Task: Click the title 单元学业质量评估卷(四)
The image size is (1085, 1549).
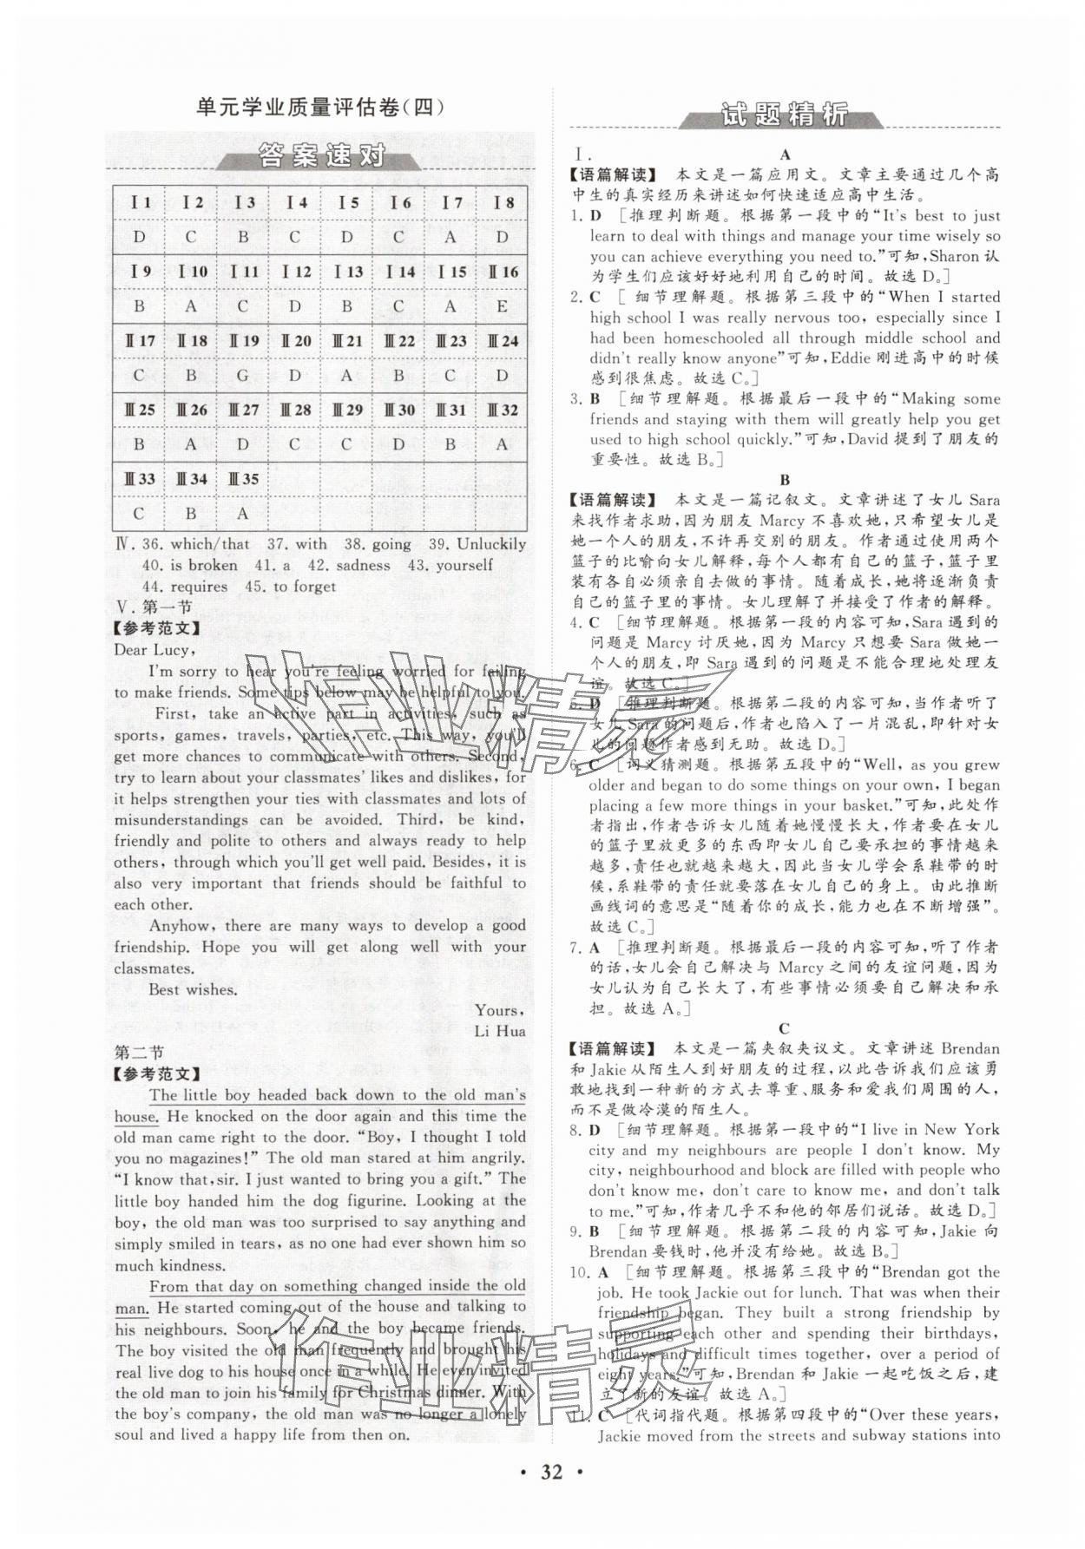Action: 319,108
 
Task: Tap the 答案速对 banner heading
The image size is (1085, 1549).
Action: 321,158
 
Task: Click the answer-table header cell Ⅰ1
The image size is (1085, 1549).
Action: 140,203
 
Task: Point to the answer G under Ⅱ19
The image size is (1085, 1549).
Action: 243,375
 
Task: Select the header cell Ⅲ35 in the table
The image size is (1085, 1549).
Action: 243,478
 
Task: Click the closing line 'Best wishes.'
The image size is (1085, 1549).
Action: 192,989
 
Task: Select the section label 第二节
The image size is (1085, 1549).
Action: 139,1053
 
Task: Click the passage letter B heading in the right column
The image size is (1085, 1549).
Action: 785,479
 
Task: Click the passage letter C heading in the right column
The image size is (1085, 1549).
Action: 785,1027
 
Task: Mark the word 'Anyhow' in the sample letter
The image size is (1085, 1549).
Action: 179,926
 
